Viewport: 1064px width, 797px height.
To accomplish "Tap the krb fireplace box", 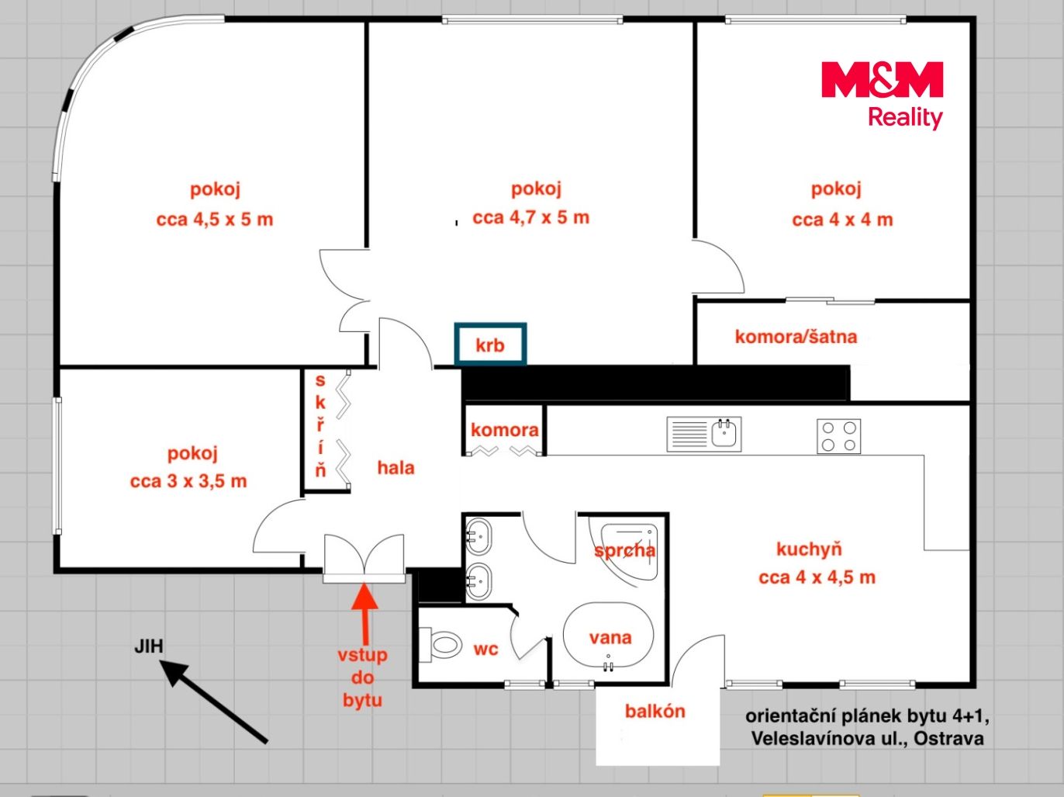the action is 490,344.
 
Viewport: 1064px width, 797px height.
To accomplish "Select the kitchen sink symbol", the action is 704,434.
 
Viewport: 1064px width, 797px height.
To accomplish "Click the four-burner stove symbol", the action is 838,436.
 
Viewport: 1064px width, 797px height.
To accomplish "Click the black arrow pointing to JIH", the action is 213,701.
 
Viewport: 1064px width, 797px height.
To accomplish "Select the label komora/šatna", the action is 796,337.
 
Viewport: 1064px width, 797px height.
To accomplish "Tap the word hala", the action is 396,468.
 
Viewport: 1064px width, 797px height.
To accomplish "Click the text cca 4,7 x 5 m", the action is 530,217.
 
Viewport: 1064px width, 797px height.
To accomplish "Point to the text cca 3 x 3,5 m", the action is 188,481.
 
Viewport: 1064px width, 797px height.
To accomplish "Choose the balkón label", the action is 655,711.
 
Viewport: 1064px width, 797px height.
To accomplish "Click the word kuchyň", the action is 809,549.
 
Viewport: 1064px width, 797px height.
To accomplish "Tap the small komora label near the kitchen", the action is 505,430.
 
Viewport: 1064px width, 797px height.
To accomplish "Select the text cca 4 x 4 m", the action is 842,220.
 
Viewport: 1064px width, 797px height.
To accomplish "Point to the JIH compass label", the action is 149,646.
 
